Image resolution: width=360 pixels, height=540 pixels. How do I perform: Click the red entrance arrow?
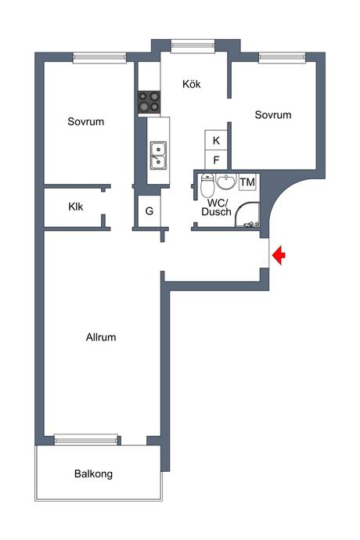pos(279,255)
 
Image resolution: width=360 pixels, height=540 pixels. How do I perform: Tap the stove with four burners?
pos(149,103)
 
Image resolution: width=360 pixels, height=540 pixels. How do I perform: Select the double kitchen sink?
pos(158,156)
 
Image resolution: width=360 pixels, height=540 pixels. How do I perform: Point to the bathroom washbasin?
pos(226,182)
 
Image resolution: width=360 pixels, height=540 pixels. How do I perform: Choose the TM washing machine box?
pos(247,182)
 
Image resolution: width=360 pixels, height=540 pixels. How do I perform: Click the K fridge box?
pos(216,140)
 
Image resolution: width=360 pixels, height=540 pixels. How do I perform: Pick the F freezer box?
pos(216,160)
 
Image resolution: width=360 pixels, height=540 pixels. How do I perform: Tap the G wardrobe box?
pos(149,211)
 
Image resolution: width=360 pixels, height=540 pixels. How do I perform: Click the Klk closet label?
pos(76,207)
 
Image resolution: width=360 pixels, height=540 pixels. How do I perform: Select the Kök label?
pos(192,84)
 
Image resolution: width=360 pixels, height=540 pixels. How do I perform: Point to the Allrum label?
pos(101,337)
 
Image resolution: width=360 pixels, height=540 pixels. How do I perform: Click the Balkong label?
pos(93,474)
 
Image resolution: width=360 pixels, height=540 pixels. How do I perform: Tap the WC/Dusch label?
pos(216,207)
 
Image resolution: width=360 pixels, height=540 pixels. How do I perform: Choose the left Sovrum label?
pos(86,121)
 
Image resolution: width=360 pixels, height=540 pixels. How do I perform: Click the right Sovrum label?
pos(273,115)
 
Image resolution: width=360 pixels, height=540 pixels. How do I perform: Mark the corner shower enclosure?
pos(247,214)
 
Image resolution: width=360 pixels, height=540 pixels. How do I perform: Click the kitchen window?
pos(193,46)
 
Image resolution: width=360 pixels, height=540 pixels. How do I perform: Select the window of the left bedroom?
pos(99,57)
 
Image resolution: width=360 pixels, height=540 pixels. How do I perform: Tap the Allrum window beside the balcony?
pos(86,440)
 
